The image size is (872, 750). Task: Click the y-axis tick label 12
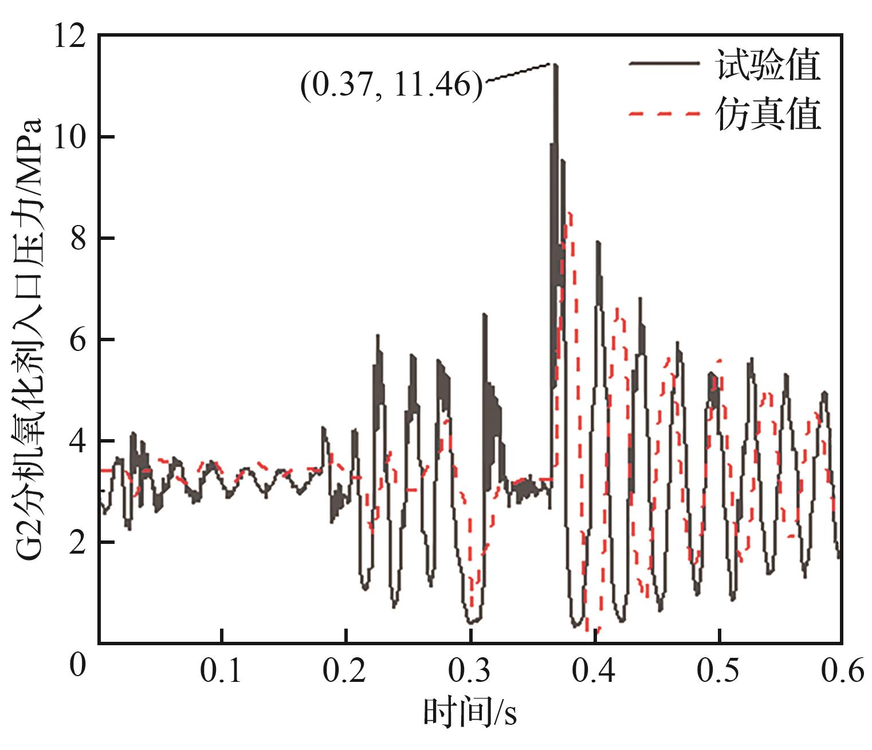tap(69, 35)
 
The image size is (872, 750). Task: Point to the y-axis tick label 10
tap(69, 137)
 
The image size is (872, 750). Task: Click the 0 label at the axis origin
tap(76, 666)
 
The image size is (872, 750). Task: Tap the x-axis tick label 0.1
tap(221, 672)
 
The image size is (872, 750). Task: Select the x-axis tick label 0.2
tap(345, 672)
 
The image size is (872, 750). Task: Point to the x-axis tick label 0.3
tap(470, 672)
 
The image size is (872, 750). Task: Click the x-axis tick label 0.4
tap(595, 672)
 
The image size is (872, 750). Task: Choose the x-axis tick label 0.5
tap(719, 672)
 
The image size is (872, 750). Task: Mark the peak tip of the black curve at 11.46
tap(554, 65)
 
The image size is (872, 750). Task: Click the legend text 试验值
tap(768, 65)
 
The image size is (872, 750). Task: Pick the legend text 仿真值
tap(768, 114)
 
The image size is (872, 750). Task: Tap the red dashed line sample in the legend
tap(665, 114)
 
